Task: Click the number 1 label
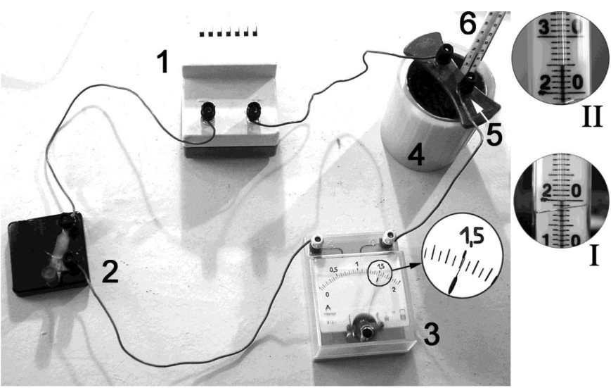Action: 162,63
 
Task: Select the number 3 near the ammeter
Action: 431,334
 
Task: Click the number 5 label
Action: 495,134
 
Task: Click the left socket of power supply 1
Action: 207,111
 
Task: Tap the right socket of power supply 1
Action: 252,111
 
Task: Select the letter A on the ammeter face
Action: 328,308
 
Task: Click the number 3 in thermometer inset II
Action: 544,30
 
